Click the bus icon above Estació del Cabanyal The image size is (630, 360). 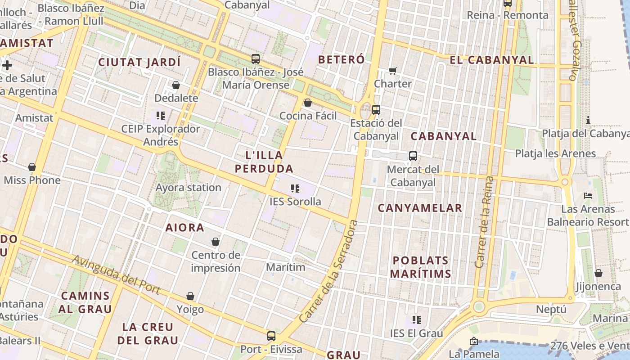click(x=376, y=109)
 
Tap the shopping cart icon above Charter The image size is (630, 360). click(x=393, y=71)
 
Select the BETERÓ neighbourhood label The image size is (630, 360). click(x=341, y=59)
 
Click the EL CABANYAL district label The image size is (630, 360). click(x=491, y=60)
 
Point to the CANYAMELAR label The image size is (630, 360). click(x=419, y=208)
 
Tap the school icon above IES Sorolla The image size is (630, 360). click(x=295, y=188)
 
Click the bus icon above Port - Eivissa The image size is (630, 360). click(x=271, y=336)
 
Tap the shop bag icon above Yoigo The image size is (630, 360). click(x=190, y=296)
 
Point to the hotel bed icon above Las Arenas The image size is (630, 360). click(x=588, y=195)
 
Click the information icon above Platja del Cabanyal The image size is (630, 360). click(x=588, y=120)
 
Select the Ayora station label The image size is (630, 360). click(x=188, y=187)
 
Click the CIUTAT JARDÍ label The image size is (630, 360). click(x=139, y=62)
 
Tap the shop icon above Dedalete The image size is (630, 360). click(x=176, y=85)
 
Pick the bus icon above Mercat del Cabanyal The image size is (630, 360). click(x=413, y=156)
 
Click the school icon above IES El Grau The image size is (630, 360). click(x=416, y=320)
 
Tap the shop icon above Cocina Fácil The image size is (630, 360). click(x=308, y=103)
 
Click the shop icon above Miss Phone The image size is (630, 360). click(x=32, y=167)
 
